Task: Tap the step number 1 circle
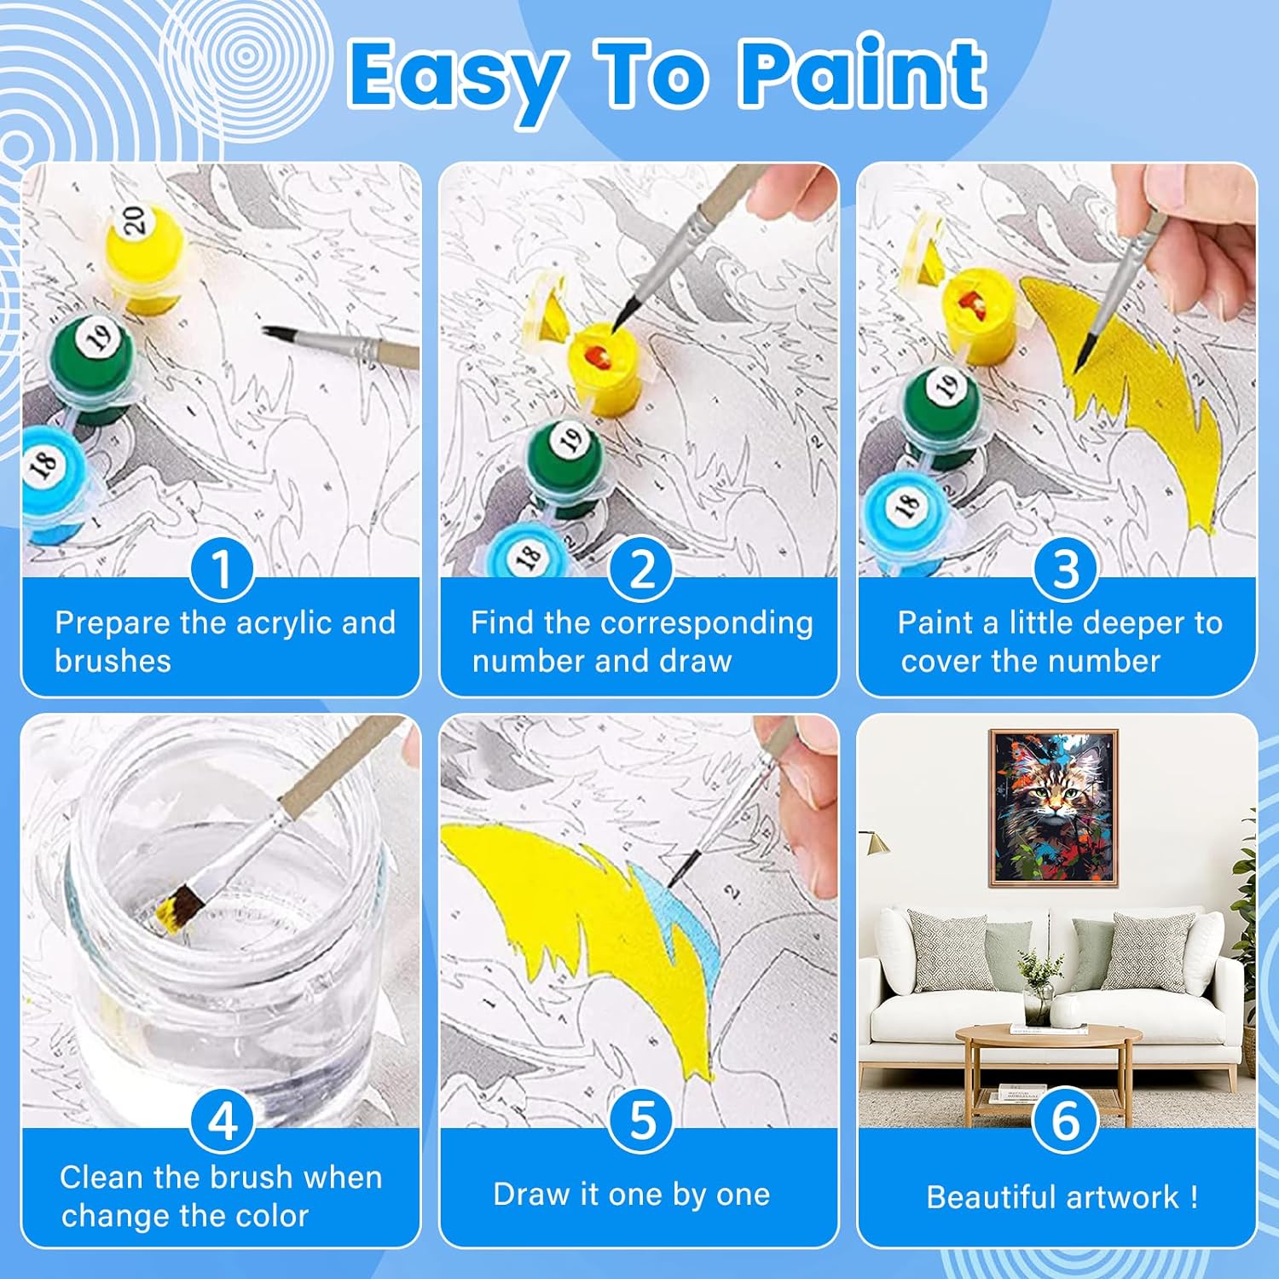222,569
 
